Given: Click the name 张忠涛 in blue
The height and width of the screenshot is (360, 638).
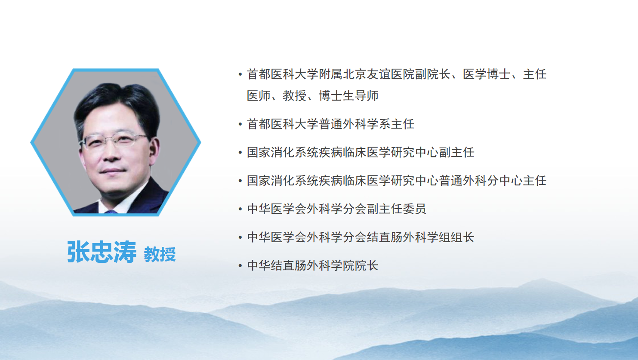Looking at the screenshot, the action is [102, 252].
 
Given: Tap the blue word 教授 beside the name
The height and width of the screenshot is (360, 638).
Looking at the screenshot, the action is [160, 254].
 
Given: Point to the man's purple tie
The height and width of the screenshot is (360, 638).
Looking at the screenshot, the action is [111, 212].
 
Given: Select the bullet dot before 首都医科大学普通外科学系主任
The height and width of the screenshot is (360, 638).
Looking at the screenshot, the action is [240, 124].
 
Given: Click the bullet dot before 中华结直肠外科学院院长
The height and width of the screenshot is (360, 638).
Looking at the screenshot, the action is [240, 265].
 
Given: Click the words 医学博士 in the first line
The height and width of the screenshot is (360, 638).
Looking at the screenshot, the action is [487, 74].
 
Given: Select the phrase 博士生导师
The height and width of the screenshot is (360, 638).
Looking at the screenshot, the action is [348, 95].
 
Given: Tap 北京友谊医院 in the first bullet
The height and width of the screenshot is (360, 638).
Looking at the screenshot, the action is [379, 74].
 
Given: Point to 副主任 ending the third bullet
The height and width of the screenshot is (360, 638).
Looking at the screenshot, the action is [456, 152].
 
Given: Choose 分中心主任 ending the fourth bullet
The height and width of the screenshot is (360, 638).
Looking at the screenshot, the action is [517, 181].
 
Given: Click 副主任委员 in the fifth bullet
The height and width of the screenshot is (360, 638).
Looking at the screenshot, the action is [397, 209].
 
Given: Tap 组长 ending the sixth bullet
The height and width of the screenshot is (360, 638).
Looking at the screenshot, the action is [462, 237].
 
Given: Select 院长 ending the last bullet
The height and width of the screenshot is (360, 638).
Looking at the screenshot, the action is [367, 265].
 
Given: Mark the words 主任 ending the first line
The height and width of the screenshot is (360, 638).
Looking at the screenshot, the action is [535, 74].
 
